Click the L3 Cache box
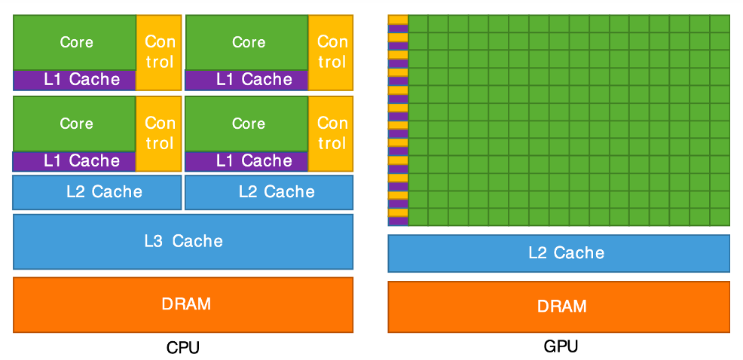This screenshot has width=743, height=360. (183, 242)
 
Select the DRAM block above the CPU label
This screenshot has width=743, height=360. (183, 304)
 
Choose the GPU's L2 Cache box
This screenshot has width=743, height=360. (558, 253)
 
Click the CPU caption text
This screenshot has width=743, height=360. (183, 348)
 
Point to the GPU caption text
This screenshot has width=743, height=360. (561, 346)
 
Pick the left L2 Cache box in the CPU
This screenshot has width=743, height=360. (97, 192)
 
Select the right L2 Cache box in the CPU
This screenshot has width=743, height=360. (269, 192)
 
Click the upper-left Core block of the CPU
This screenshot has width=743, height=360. (75, 43)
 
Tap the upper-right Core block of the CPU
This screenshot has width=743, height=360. (246, 43)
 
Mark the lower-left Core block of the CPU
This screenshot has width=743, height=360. (75, 124)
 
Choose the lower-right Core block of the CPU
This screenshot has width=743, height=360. (246, 124)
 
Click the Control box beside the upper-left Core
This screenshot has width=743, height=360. (159, 53)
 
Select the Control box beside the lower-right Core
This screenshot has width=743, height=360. (331, 134)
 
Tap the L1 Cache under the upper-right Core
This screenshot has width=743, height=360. (246, 80)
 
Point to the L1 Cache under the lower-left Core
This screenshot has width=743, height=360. (75, 161)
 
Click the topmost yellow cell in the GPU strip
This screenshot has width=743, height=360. (398, 20)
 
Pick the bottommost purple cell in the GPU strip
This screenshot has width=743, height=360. (398, 221)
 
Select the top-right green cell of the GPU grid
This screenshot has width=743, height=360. (720, 23)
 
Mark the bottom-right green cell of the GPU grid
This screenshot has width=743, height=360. (720, 217)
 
